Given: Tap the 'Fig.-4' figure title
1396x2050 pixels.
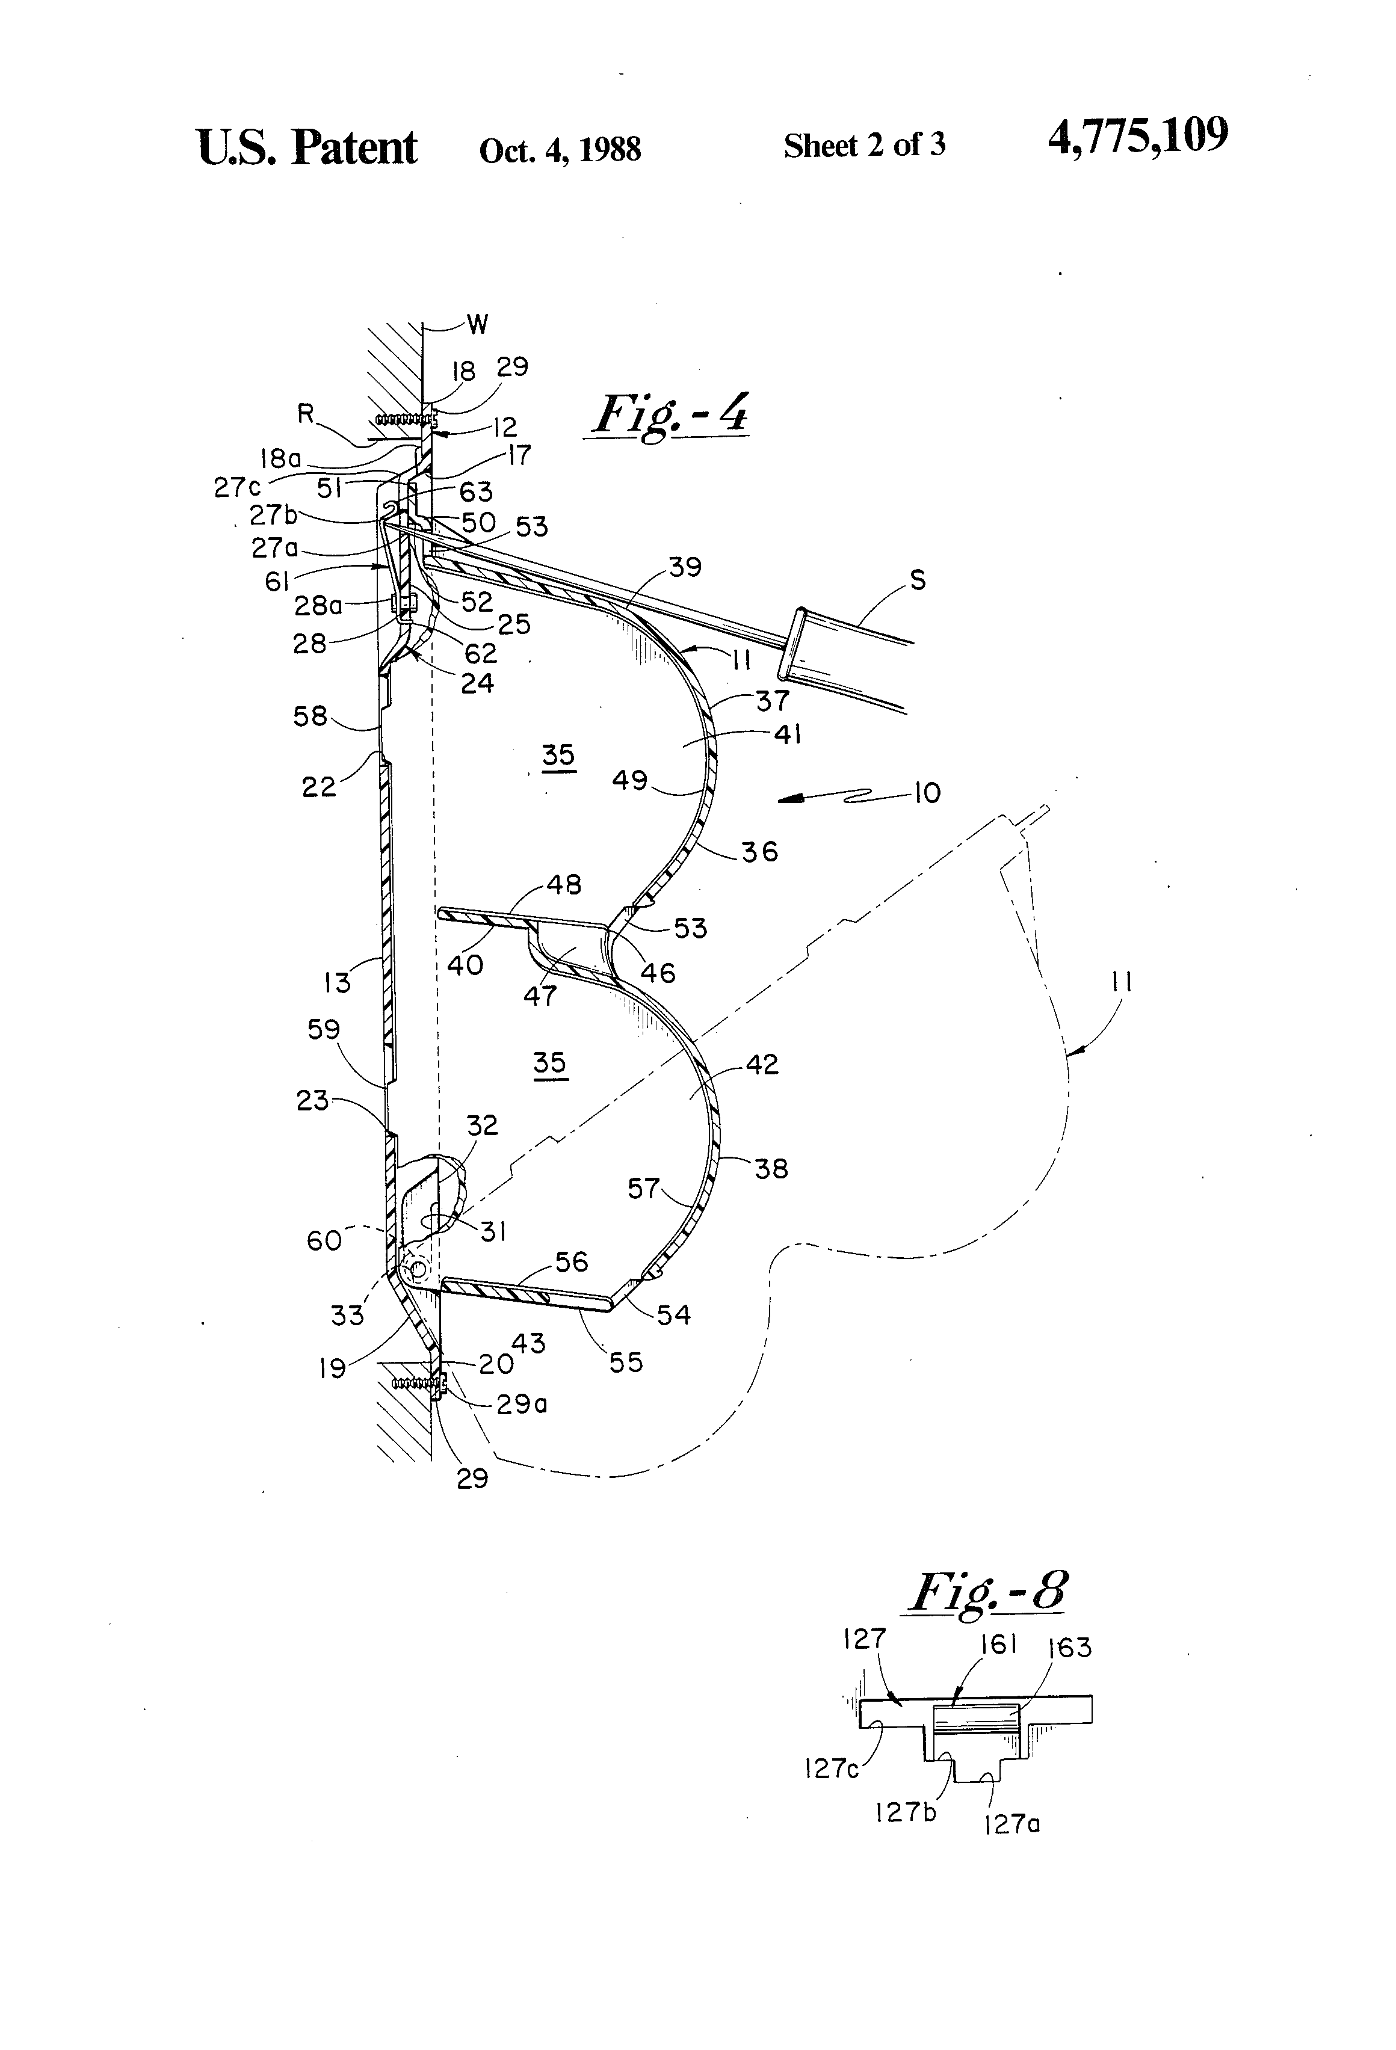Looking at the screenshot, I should point(671,414).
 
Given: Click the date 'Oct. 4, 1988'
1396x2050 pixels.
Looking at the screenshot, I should point(560,150).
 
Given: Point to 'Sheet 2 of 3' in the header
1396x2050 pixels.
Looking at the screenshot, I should point(864,146).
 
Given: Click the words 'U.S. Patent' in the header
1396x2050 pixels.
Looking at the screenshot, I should point(306,147).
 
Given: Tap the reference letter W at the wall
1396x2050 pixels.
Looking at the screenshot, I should point(477,325).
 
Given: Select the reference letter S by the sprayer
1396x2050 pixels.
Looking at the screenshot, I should point(918,580).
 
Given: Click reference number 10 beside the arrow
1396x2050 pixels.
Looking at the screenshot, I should point(927,792).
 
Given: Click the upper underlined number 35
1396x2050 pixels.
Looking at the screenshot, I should point(558,755).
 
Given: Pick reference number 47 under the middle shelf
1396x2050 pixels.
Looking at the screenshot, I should point(540,995).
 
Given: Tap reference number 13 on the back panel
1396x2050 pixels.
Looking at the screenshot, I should point(336,982).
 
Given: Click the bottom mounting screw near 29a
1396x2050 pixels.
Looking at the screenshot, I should point(415,1385).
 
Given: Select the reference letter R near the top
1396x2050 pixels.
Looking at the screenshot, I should point(305,414).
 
